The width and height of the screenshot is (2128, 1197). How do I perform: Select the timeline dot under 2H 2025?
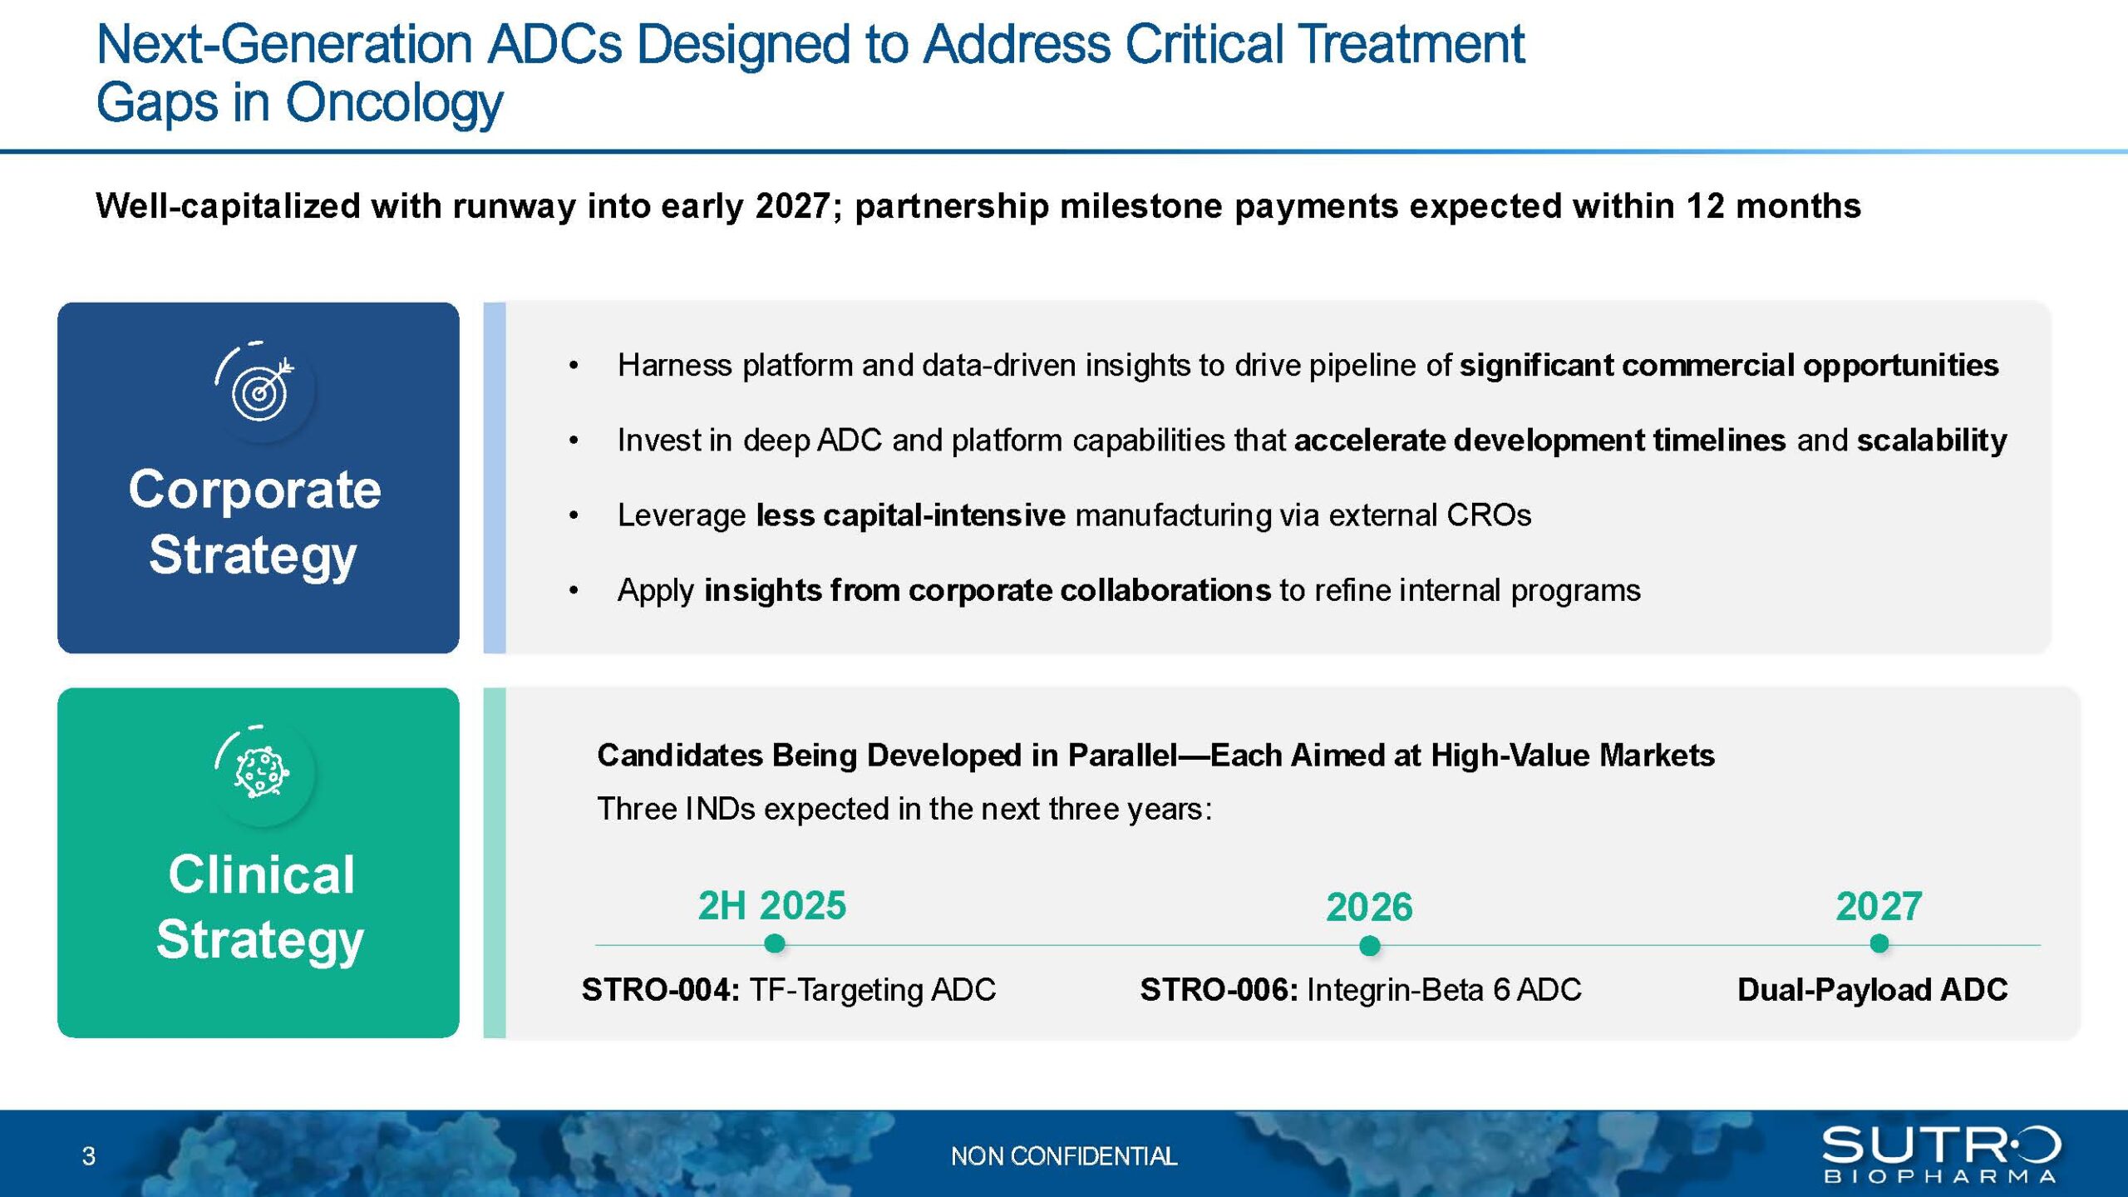click(x=774, y=943)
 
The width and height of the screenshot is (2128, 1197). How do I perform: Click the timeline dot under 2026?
click(x=1370, y=945)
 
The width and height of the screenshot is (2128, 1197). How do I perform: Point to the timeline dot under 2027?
click(x=1879, y=943)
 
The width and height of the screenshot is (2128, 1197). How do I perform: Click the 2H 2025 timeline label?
click(x=772, y=905)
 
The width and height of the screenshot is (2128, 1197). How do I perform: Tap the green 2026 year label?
click(x=1369, y=907)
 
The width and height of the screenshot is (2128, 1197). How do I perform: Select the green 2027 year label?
click(x=1879, y=906)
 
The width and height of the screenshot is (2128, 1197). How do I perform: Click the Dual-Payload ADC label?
click(x=1873, y=990)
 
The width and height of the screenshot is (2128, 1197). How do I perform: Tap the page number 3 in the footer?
click(x=89, y=1156)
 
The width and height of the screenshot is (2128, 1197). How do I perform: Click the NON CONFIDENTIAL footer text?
click(x=1064, y=1156)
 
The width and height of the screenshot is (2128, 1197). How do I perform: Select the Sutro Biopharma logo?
click(x=1942, y=1154)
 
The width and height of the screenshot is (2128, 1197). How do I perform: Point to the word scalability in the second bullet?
click(x=1932, y=441)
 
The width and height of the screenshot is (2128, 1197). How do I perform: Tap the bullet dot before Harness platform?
click(x=574, y=366)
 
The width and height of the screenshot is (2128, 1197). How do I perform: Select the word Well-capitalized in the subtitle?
click(x=227, y=206)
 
